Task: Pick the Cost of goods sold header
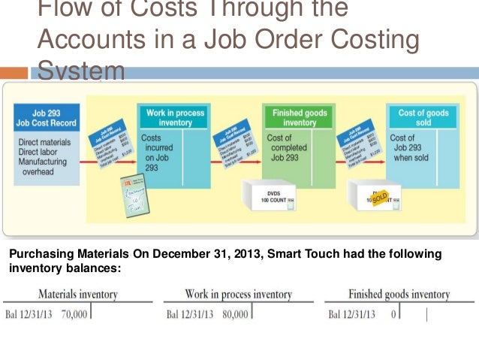click(423, 117)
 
